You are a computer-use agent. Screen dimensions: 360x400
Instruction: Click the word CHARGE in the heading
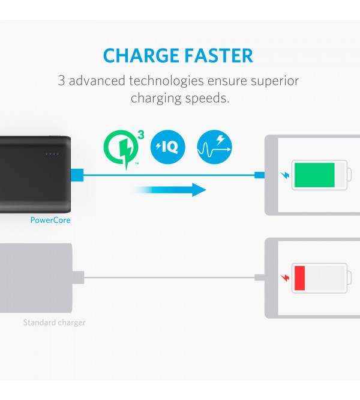coord(141,56)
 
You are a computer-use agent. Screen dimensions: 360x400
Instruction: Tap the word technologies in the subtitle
coord(166,81)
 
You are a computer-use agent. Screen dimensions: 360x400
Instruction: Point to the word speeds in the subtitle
coord(207,98)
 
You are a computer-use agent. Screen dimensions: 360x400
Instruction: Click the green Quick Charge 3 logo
coord(124,149)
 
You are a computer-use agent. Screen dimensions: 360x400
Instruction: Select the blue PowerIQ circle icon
coord(167,147)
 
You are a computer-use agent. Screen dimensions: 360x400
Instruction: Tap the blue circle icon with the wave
coord(214,147)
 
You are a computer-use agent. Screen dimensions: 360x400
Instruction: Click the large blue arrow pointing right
coord(169,190)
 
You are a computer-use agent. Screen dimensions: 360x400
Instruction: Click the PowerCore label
coord(50,220)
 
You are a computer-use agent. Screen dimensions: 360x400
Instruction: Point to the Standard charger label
coord(55,323)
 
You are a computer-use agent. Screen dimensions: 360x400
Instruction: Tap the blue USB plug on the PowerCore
coord(77,175)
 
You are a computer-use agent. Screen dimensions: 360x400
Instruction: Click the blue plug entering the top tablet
coord(260,175)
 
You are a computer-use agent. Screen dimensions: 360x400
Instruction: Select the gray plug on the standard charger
coord(78,277)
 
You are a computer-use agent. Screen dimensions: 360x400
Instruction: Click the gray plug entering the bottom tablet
coord(260,277)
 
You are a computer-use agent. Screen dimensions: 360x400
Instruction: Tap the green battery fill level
coord(314,175)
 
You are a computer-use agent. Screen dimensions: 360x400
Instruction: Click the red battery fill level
coord(299,278)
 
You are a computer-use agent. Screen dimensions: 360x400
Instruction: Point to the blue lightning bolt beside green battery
coord(285,175)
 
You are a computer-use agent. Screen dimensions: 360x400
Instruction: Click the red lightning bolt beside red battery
coord(285,278)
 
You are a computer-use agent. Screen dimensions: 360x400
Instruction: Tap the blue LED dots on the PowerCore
coord(52,154)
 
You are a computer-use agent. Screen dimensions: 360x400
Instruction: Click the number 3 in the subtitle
coord(61,80)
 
